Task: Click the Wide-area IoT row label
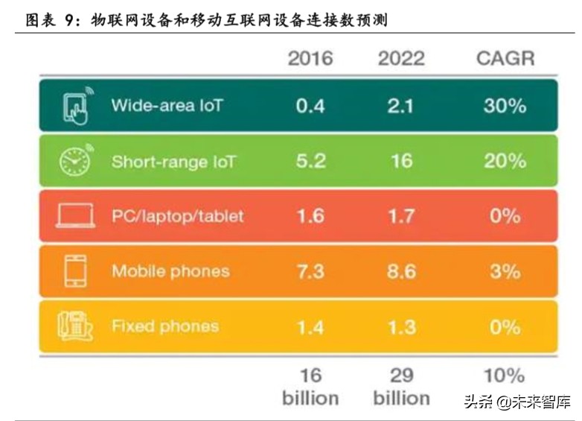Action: [x=167, y=105]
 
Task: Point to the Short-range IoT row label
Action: [x=173, y=161]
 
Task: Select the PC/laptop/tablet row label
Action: [x=177, y=217]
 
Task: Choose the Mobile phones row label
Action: [x=170, y=270]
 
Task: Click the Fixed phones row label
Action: [x=165, y=326]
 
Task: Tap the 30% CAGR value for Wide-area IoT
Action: [x=505, y=105]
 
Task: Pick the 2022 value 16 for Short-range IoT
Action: [x=401, y=161]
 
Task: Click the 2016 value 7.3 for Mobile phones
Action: [x=310, y=270]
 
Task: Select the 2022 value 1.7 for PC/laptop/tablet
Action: [x=401, y=217]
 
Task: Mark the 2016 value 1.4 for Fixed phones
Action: [x=310, y=326]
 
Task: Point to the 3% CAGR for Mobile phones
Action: [x=505, y=270]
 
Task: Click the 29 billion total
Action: [x=401, y=386]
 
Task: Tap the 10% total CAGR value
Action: [x=505, y=375]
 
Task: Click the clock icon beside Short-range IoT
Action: [x=75, y=161]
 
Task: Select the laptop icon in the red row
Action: [x=75, y=216]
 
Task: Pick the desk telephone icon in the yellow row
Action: [x=75, y=326]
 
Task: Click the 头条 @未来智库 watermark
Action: [x=517, y=402]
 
